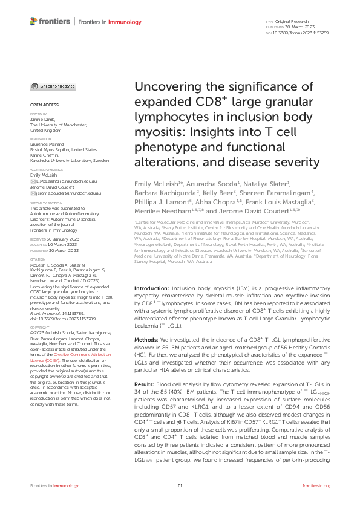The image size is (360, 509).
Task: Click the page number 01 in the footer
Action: click(x=180, y=485)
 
